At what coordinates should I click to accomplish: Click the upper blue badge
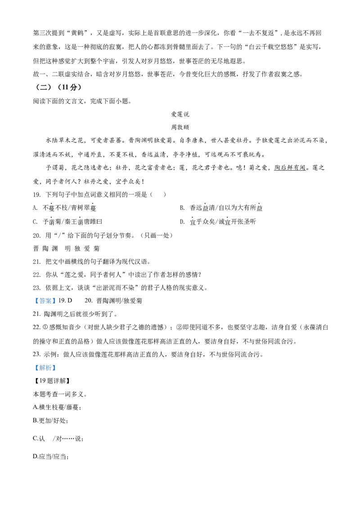coord(45,300)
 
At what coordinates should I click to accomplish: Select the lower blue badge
coord(45,368)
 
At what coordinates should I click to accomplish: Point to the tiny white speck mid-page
coord(129,275)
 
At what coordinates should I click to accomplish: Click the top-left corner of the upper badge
coord(33,295)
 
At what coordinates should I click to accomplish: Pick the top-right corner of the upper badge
coord(57,295)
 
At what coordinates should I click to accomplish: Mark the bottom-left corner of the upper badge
coord(33,305)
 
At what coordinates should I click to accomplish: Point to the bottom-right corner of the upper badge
coord(57,305)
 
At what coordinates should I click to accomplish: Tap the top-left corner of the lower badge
coord(33,364)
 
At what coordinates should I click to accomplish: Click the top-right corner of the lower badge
coord(57,364)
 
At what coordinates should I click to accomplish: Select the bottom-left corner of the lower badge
coord(33,374)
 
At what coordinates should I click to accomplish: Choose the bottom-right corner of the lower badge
coord(57,374)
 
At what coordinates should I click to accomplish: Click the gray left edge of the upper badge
coord(34,300)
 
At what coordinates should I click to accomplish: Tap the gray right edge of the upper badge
coord(57,300)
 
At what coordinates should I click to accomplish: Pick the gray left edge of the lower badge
coord(34,369)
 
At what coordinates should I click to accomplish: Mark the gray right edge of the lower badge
coord(57,369)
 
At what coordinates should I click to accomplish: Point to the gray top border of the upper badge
coord(45,296)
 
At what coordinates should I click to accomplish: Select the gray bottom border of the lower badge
coord(45,373)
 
